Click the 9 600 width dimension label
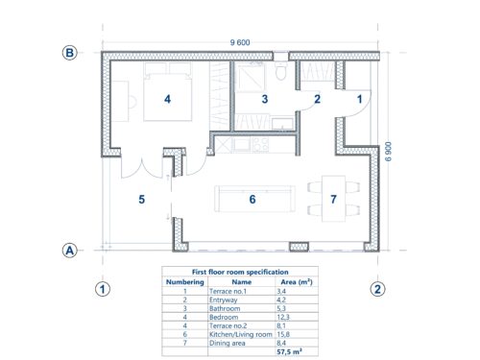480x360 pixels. coord(240,42)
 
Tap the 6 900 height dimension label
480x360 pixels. coord(388,152)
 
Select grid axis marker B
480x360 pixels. coord(69,53)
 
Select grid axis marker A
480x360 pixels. coord(69,251)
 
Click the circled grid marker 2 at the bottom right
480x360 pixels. coord(377,289)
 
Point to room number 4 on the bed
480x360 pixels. coord(167,99)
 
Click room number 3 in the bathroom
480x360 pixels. coord(265,99)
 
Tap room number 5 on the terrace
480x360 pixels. coord(142,200)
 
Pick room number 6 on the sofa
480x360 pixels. coord(252,200)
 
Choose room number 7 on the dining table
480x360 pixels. coord(333,200)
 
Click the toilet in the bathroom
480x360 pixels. coord(281,70)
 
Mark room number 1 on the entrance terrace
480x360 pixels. coord(359,99)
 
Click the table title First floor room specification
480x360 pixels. coord(240,272)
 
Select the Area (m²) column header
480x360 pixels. coord(297,282)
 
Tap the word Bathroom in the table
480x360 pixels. coord(225,308)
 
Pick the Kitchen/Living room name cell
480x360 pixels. coord(241,334)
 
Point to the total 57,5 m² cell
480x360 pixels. coord(289,351)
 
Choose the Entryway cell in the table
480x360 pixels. coord(224,300)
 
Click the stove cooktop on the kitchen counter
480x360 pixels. coord(261,145)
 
